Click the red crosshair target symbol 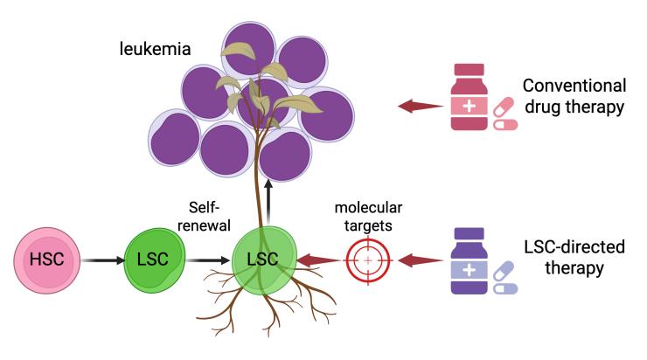pos(367,260)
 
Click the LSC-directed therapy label pos(571,258)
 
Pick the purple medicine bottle pos(470,260)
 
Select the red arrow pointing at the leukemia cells pos(419,106)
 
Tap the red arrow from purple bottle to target pos(420,260)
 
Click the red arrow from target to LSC pos(317,260)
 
